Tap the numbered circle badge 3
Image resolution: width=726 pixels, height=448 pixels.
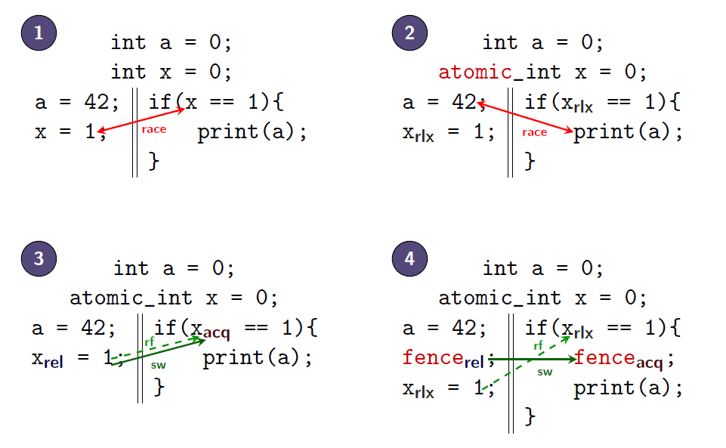[39, 258]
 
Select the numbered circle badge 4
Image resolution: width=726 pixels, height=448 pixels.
[409, 258]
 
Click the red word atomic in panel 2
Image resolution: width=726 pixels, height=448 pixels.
[475, 73]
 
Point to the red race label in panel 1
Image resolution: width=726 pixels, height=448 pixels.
[154, 130]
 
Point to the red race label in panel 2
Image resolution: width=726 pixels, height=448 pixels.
[534, 133]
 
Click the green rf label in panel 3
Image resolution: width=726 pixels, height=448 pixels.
[150, 342]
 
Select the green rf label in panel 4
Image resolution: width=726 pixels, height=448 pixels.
[539, 346]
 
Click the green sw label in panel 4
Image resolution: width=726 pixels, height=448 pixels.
[545, 372]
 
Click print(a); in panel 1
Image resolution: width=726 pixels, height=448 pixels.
[252, 133]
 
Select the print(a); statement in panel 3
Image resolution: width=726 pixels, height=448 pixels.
[257, 357]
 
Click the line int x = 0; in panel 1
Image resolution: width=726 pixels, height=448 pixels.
[171, 73]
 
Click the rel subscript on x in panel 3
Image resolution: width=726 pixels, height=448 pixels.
[53, 362]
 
